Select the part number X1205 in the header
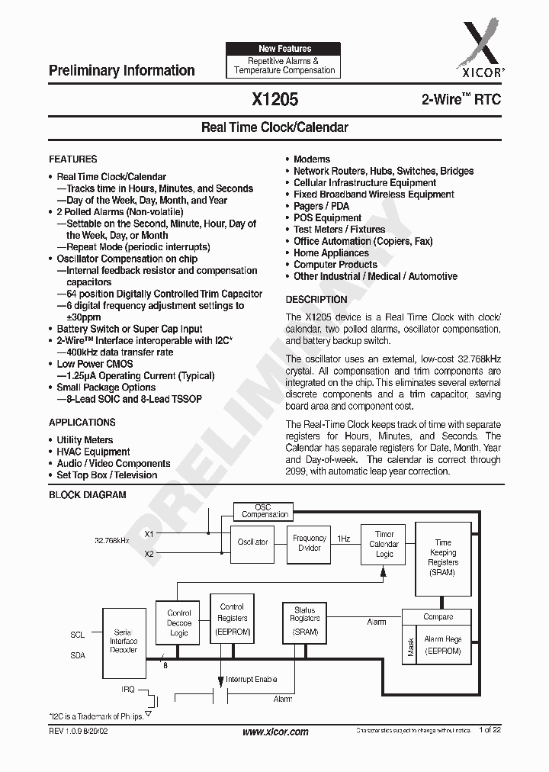point(274,99)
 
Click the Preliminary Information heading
point(122,70)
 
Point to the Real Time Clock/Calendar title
point(274,127)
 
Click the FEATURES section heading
point(73,159)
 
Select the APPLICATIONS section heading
point(82,423)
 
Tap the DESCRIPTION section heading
point(316,300)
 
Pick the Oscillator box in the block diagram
point(252,542)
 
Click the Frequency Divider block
point(310,543)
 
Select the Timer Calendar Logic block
point(384,544)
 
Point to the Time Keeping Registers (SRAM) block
point(443,558)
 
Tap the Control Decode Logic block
point(179,622)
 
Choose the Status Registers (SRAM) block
point(304,621)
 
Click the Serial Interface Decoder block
point(124,641)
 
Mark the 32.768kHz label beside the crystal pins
point(112,541)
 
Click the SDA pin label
point(78,655)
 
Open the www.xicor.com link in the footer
point(275,732)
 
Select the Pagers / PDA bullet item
point(322,206)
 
